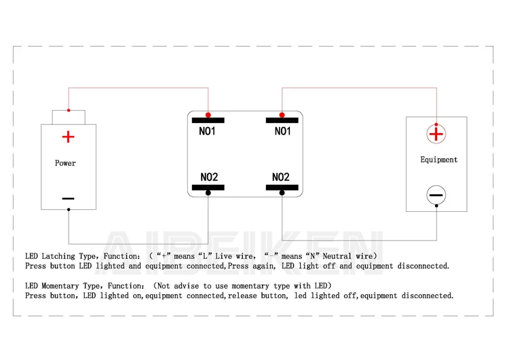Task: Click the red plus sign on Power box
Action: pyautogui.click(x=68, y=137)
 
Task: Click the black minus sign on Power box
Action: pyautogui.click(x=68, y=199)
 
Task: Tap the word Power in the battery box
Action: pyautogui.click(x=65, y=163)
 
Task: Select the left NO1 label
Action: pyautogui.click(x=207, y=131)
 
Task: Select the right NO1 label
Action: pyautogui.click(x=282, y=131)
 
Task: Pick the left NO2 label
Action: pyautogui.click(x=209, y=177)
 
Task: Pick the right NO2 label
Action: pyautogui.click(x=281, y=177)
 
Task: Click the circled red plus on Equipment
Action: pyautogui.click(x=436, y=134)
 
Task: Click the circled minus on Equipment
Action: pyautogui.click(x=436, y=196)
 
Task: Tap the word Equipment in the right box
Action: pyautogui.click(x=438, y=160)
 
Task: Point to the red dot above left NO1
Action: pyautogui.click(x=208, y=115)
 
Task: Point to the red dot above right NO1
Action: pyautogui.click(x=282, y=115)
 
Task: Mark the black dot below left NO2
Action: pyautogui.click(x=208, y=193)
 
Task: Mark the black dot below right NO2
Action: pyautogui.click(x=282, y=193)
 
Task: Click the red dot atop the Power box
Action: pyautogui.click(x=68, y=110)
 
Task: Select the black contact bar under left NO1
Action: pyautogui.click(x=208, y=121)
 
